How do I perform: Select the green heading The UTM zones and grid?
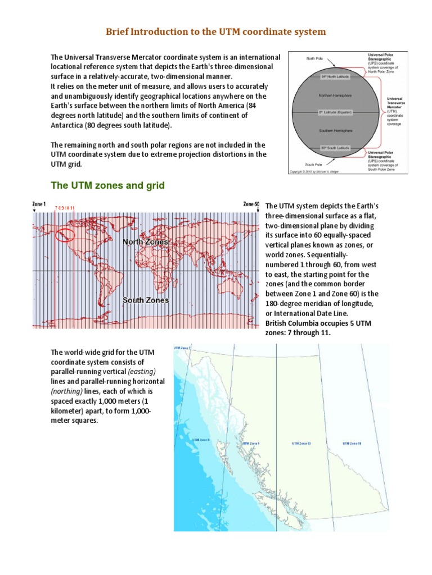coord(107,185)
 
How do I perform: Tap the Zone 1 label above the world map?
coord(38,204)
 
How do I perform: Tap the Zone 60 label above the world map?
coord(251,204)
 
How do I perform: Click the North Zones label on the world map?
coord(146,241)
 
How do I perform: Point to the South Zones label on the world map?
coord(146,300)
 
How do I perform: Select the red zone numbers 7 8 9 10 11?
coord(65,208)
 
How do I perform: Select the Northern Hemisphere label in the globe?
coord(335,95)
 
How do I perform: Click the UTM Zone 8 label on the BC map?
coord(201,440)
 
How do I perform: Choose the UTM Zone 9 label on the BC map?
coord(250,444)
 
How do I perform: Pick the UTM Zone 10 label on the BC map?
coord(301,444)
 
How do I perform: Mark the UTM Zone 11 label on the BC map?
coord(352,444)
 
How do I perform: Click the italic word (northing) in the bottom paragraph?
coord(66,391)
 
